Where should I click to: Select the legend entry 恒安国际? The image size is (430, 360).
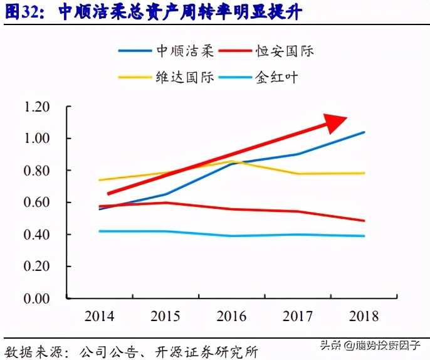pos(285,51)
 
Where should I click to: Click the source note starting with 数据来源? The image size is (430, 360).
pos(132,350)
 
